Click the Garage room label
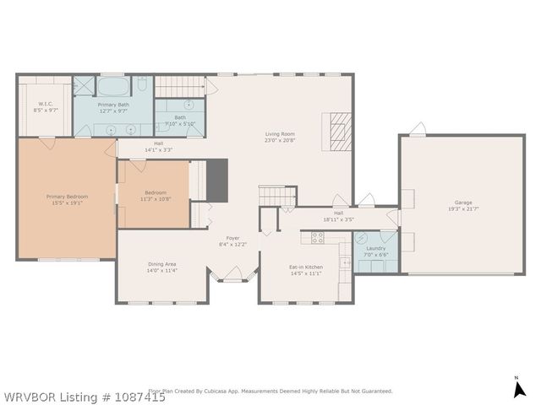(x=462, y=207)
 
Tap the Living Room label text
(x=280, y=137)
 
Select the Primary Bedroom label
(x=67, y=199)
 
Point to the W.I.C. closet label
(x=46, y=107)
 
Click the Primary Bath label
(x=112, y=107)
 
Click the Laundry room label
(x=376, y=251)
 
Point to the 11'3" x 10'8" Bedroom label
(x=155, y=196)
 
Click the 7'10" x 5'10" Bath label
(x=180, y=121)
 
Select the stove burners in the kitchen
(x=317, y=238)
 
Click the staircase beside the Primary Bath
(x=180, y=86)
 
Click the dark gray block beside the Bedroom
(x=217, y=180)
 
